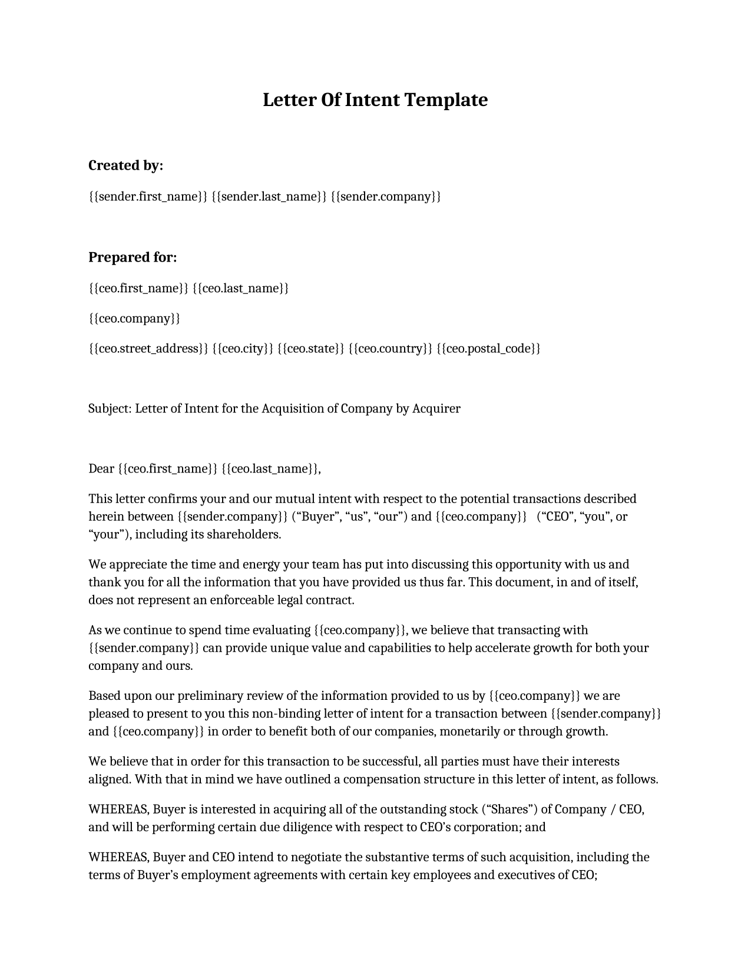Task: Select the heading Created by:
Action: [x=125, y=166]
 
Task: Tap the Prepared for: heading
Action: [x=133, y=257]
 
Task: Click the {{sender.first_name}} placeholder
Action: [x=148, y=196]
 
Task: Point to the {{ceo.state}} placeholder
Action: [x=310, y=348]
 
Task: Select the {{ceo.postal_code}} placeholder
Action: [x=488, y=348]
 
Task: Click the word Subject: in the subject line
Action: [x=110, y=408]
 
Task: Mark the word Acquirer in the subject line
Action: [x=436, y=408]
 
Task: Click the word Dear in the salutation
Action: [x=101, y=468]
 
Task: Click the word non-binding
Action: [x=286, y=714]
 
